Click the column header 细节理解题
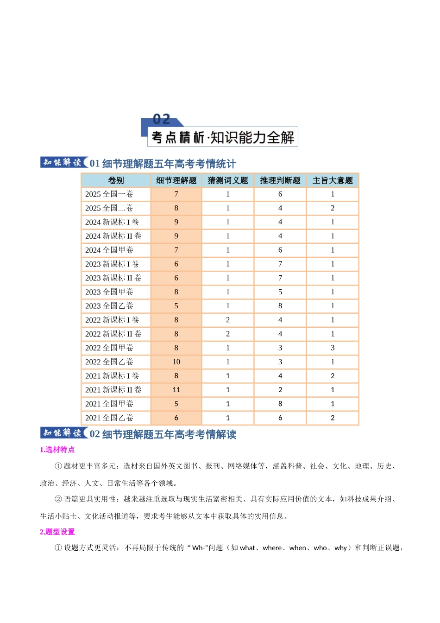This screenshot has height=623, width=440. (176, 180)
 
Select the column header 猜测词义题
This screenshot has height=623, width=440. (228, 180)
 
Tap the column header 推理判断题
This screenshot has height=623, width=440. (280, 180)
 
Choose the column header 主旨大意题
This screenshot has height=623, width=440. (333, 180)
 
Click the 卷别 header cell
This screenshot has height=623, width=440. (116, 180)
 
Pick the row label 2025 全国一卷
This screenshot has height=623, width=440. (109, 194)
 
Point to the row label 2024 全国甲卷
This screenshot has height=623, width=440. (109, 250)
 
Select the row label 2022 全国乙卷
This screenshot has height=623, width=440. (109, 362)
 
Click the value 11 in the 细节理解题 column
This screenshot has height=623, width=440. (176, 390)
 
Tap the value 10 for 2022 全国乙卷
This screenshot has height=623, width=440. (176, 362)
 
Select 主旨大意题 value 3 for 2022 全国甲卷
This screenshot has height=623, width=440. (333, 348)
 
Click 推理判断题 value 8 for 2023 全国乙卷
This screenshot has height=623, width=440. (280, 306)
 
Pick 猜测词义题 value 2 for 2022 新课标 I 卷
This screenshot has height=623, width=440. (228, 320)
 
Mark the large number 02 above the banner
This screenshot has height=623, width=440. (162, 119)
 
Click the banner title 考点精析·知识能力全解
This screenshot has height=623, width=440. (223, 137)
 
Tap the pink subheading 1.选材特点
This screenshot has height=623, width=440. (57, 449)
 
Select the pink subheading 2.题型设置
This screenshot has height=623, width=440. (57, 532)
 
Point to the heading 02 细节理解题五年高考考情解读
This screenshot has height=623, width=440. (163, 434)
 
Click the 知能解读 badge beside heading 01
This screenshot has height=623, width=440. (63, 162)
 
